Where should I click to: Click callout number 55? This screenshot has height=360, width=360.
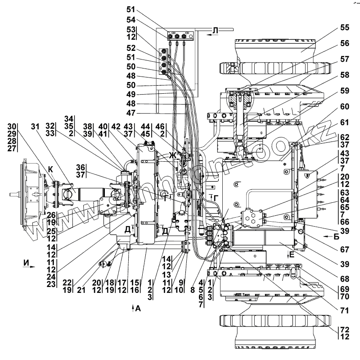(x=344, y=27)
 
